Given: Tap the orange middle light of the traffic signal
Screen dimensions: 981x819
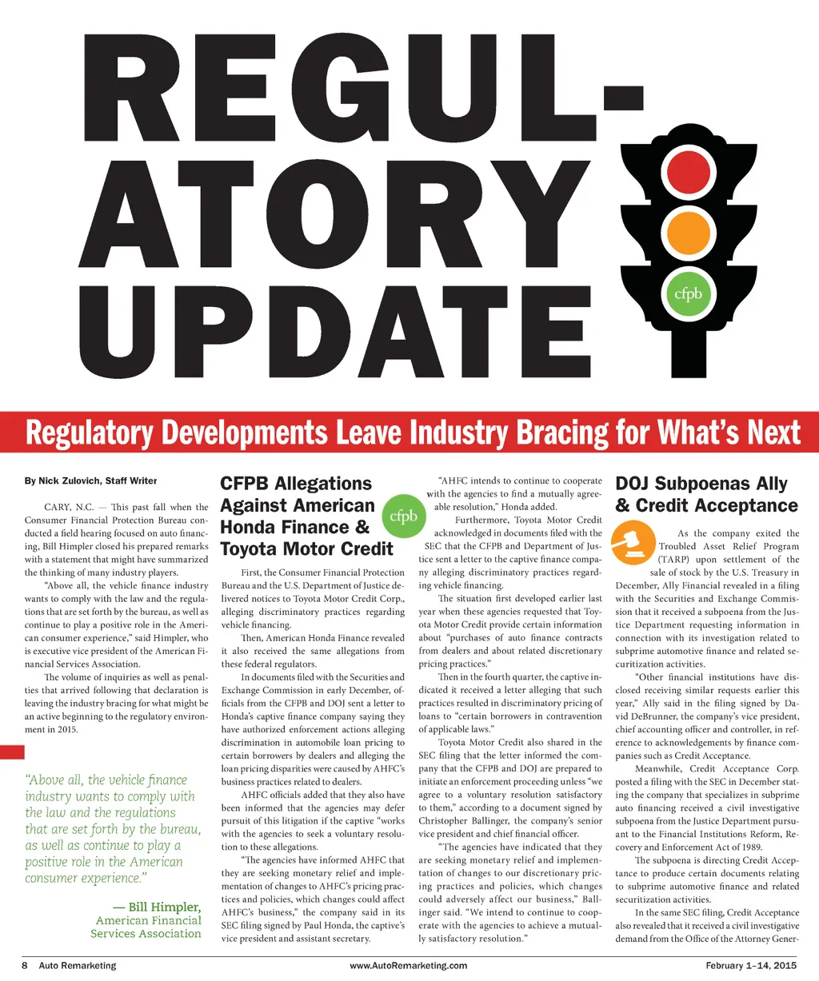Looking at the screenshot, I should point(688,232).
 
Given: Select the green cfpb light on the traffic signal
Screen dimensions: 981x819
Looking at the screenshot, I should point(688,293).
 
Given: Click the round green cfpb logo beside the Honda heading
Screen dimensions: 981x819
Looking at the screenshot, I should point(403,517).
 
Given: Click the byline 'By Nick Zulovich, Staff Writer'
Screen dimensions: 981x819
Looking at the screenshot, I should point(90,481).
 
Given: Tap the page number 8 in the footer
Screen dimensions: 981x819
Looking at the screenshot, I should point(24,965).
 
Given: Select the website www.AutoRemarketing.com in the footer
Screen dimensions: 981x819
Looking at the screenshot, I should point(409,965).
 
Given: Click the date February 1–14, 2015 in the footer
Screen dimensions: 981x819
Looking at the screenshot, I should point(751,965).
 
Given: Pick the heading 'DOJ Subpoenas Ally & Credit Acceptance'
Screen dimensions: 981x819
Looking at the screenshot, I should point(706,494).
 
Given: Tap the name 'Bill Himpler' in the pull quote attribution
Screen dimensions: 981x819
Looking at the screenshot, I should point(164,907).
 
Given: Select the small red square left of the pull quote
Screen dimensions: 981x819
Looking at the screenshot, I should point(13,752).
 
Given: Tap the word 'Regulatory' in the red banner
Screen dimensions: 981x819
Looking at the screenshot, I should point(89,433).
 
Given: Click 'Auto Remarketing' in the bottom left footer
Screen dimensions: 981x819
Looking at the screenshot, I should point(77,965).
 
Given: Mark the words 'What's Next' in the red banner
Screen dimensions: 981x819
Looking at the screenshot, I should point(729,433).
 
